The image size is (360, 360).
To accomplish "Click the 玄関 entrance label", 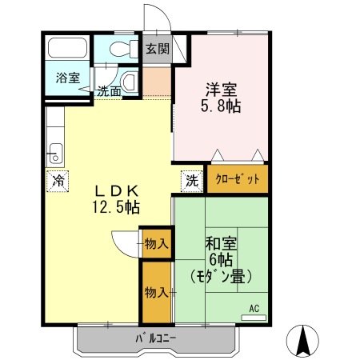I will coord(157,49).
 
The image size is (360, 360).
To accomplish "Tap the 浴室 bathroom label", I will coord(68,78).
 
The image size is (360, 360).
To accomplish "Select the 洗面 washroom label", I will coord(110,91).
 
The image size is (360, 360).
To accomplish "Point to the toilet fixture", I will coord(120,48).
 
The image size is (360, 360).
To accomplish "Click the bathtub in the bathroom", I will coord(68,48).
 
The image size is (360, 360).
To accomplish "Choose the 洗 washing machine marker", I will coord(192,180).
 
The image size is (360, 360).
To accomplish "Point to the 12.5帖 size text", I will coord(118,207).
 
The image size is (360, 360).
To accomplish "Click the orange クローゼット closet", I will coord(238,179).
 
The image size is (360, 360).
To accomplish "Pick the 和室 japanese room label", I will coord(220,244).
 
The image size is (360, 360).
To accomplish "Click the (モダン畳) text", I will coord(221,278).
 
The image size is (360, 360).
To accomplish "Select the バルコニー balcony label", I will coord(156,338).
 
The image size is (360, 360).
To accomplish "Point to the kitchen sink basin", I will coord(54,150).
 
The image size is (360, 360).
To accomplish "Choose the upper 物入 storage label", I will coord(156,243).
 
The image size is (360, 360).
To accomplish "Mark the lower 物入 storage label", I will coord(156,293).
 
